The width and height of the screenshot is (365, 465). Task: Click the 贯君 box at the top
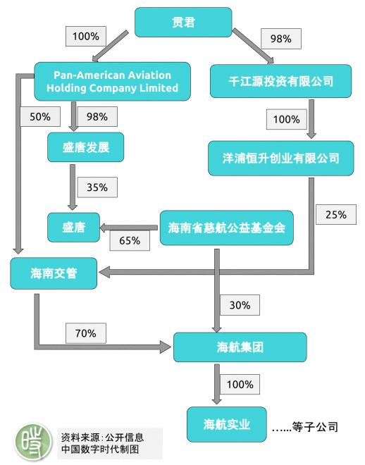[183, 23]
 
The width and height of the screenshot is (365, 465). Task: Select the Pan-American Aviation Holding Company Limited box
[112, 81]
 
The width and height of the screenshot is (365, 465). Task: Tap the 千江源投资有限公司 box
[280, 81]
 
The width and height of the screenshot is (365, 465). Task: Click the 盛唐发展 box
[86, 147]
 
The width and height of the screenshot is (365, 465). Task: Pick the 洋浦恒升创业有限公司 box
[280, 159]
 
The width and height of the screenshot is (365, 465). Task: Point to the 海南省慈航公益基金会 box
[227, 228]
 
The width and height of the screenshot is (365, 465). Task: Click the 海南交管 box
[54, 273]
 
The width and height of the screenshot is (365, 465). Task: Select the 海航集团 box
[240, 347]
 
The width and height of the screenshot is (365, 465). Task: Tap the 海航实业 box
[227, 424]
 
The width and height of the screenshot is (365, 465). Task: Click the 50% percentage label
[40, 116]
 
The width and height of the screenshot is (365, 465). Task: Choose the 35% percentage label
[97, 187]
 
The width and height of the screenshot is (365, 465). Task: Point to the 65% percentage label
[130, 240]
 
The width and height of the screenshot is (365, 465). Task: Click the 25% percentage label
[336, 214]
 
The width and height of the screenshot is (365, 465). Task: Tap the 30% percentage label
[240, 305]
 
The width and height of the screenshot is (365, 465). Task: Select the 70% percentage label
[86, 333]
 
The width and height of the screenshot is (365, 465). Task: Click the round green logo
[33, 442]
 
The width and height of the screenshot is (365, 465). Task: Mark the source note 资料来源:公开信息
[102, 437]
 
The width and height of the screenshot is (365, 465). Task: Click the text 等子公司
[315, 427]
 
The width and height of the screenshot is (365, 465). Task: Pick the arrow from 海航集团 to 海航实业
[217, 384]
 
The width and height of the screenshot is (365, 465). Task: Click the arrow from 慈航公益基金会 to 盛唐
[129, 228]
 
